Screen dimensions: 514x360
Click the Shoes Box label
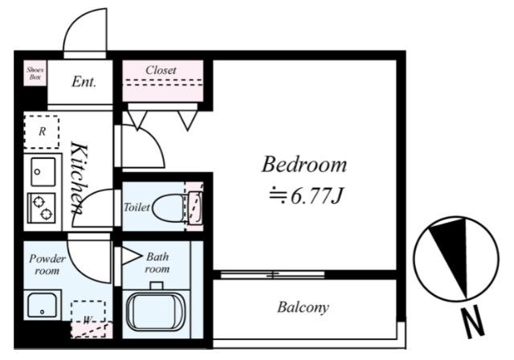35,73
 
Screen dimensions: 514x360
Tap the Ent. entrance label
84,82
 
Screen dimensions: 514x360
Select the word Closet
161,70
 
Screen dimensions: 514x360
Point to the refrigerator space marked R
42,132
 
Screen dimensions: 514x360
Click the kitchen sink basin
43,172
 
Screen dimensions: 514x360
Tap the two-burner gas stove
41,208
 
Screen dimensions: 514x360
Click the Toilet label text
137,207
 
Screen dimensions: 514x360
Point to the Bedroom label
304,164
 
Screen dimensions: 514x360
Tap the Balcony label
303,307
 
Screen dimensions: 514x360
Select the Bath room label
157,263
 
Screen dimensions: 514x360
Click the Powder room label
47,264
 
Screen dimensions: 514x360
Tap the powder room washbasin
43,305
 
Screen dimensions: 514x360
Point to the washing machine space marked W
88,312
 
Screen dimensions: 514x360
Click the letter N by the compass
472,322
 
